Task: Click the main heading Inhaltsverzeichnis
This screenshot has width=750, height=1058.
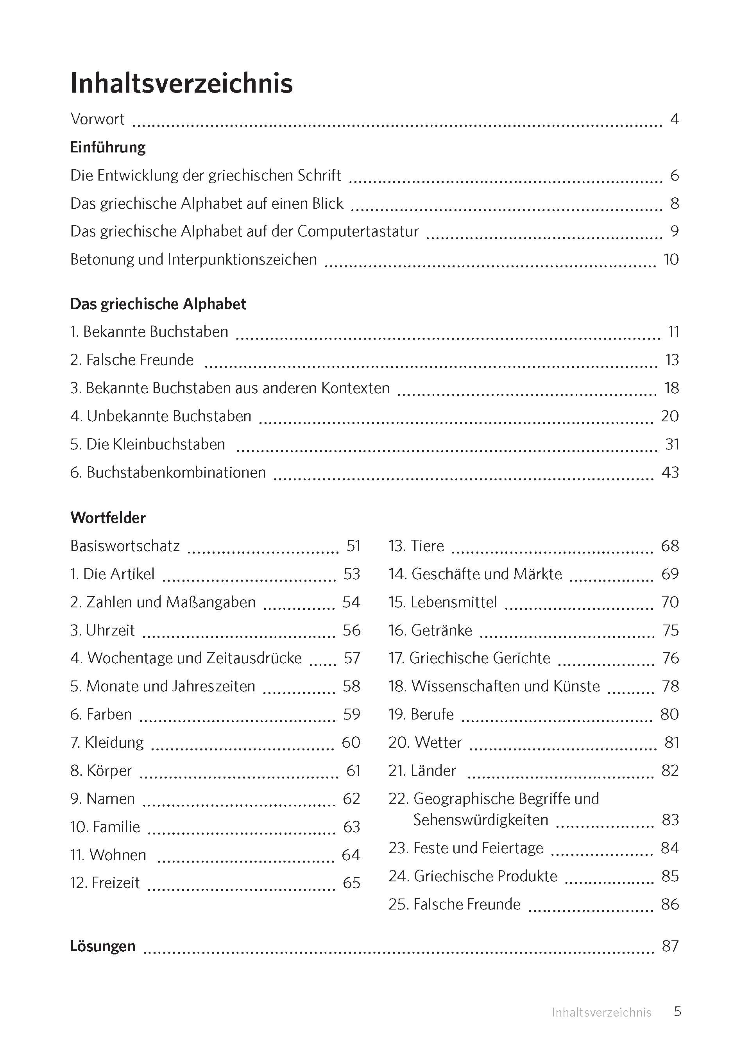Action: pyautogui.click(x=181, y=84)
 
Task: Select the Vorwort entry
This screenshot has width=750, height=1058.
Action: pyautogui.click(x=97, y=119)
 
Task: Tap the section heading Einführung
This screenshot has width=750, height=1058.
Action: pyautogui.click(x=107, y=147)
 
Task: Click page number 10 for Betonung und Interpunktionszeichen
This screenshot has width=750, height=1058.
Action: pyautogui.click(x=671, y=260)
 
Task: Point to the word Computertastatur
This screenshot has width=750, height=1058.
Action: pyautogui.click(x=358, y=231)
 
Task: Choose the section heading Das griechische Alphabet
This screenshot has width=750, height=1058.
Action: pyautogui.click(x=158, y=304)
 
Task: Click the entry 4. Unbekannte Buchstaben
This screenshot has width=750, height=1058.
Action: pyautogui.click(x=161, y=416)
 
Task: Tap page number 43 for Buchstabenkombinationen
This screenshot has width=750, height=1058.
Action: pyautogui.click(x=670, y=473)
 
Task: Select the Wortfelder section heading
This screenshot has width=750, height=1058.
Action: pyautogui.click(x=107, y=518)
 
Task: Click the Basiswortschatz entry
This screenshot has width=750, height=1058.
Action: pyautogui.click(x=125, y=546)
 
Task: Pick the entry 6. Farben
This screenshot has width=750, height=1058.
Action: pyautogui.click(x=101, y=714)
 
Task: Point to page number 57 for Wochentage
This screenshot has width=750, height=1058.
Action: pyautogui.click(x=351, y=658)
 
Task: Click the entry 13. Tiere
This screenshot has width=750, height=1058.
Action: pyautogui.click(x=416, y=546)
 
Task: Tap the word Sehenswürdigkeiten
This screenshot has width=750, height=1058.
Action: pyautogui.click(x=480, y=820)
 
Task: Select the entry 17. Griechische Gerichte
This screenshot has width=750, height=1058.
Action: pyautogui.click(x=469, y=658)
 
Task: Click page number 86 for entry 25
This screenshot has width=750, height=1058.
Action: pyautogui.click(x=669, y=904)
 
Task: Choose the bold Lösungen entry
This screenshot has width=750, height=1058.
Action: pyautogui.click(x=102, y=946)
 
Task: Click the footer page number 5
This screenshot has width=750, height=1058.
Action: pyautogui.click(x=677, y=1012)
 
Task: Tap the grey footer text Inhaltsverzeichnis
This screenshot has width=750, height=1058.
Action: pyautogui.click(x=601, y=1013)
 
